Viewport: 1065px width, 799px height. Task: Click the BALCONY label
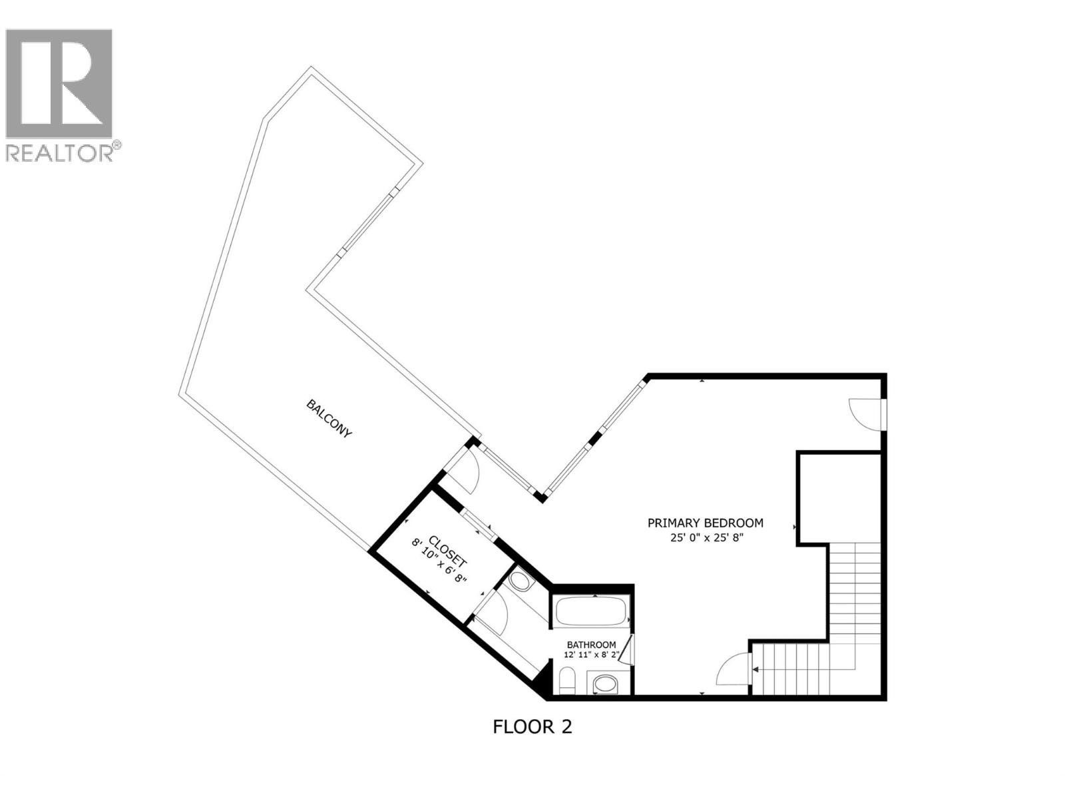329,418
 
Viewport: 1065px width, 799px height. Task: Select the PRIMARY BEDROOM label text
706,523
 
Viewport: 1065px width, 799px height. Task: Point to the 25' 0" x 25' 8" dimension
706,537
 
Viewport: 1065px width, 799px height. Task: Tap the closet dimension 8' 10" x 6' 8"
439,563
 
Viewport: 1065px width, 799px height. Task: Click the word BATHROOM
591,645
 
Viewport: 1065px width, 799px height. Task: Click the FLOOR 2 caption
532,726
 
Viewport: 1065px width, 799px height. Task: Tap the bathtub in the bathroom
590,611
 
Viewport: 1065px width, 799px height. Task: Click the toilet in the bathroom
567,681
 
